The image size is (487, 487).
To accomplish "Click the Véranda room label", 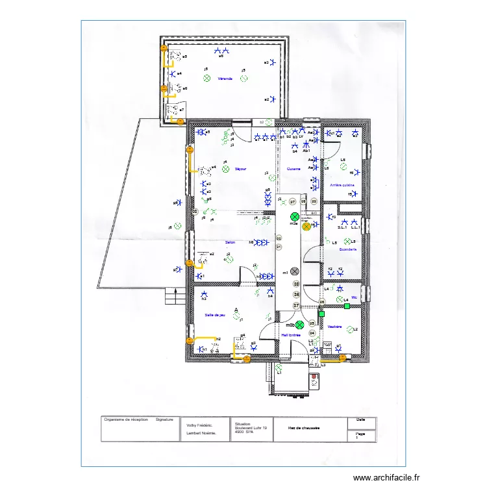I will (225, 79).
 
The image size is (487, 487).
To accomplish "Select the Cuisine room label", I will (293, 169).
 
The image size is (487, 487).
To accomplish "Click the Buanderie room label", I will (348, 249).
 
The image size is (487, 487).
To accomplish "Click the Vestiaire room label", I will (334, 327).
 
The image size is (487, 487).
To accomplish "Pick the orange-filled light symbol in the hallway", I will (306, 227).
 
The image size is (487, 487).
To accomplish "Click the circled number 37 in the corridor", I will (296, 305).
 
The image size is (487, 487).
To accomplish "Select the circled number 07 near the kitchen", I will (292, 202).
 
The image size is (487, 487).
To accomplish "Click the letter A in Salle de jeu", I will (236, 310).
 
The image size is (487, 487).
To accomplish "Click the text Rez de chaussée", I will (305, 427).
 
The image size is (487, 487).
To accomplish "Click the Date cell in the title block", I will (360, 420).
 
